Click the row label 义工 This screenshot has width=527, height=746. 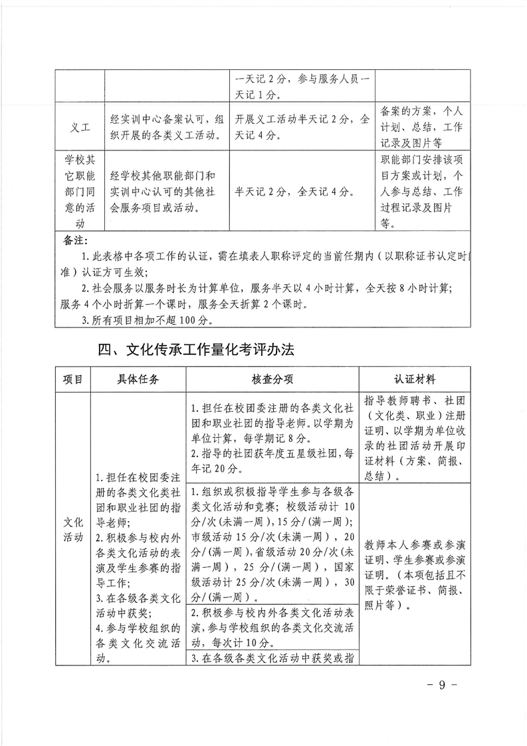click(80, 126)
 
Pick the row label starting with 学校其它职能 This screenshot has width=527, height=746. click(80, 192)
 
